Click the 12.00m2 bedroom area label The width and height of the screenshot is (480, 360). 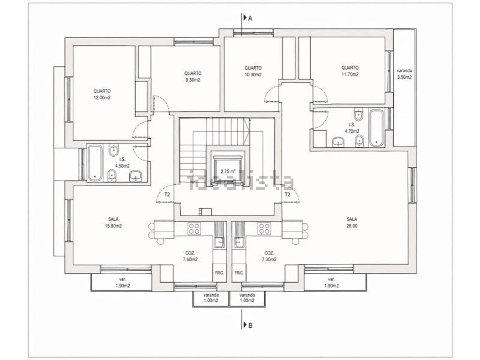click(102, 94)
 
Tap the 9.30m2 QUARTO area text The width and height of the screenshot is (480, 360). click(193, 76)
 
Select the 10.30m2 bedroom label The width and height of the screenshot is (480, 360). click(253, 71)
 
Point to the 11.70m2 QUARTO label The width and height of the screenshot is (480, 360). click(350, 71)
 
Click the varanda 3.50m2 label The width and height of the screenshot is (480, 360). click(404, 74)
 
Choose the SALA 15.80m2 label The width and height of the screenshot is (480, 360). click(113, 222)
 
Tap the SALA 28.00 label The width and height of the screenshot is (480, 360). click(352, 222)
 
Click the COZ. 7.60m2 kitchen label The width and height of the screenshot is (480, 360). click(190, 256)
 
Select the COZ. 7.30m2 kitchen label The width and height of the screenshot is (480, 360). click(269, 256)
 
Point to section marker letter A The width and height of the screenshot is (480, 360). click(250, 19)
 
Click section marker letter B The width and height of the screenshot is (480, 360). click(250, 332)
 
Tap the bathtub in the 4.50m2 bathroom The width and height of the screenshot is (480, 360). click(95, 163)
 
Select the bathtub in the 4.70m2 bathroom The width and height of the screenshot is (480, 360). click(376, 128)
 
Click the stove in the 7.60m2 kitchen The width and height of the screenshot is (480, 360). click(194, 228)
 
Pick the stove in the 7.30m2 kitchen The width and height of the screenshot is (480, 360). click(264, 228)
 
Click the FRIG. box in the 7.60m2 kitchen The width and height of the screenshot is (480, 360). click(219, 273)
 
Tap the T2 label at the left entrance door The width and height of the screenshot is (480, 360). click(167, 194)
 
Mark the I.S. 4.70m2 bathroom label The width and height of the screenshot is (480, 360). click(352, 128)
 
